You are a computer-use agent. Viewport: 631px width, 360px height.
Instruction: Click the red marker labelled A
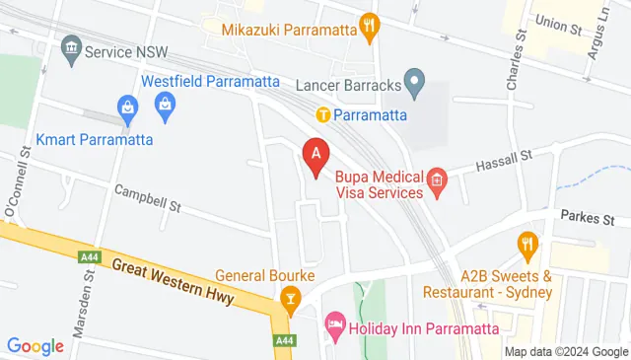[x=315, y=155]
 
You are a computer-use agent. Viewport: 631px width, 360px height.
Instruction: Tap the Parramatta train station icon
[x=322, y=114]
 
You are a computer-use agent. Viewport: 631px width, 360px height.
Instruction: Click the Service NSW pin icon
[x=71, y=47]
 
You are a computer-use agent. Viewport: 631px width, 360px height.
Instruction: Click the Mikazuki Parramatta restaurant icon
[x=370, y=27]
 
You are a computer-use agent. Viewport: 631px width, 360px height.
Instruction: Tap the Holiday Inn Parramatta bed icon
[x=335, y=324]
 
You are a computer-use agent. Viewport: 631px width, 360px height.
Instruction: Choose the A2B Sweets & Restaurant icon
[x=527, y=243]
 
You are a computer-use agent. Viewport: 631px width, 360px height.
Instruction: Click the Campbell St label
[x=149, y=197]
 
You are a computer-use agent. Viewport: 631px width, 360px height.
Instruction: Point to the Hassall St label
[x=504, y=159]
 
